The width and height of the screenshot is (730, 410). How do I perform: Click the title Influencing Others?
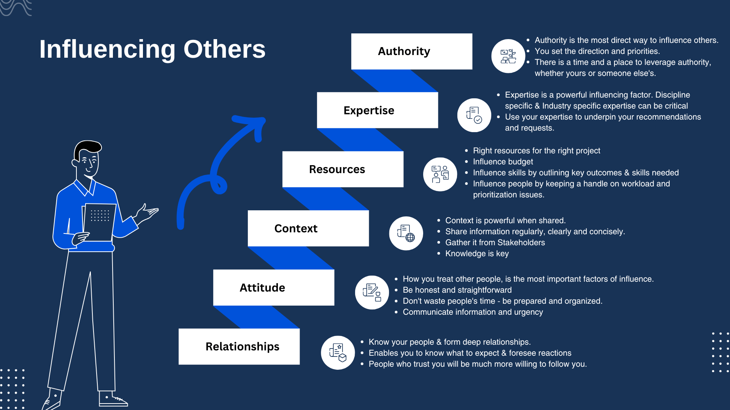pyautogui.click(x=152, y=49)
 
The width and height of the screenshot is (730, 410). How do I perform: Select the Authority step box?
pyautogui.click(x=412, y=51)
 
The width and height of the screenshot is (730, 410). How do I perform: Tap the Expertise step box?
pyautogui.click(x=378, y=110)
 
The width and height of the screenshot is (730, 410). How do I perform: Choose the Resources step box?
pyautogui.click(x=343, y=169)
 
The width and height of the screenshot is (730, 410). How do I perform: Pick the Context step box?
pyautogui.click(x=308, y=228)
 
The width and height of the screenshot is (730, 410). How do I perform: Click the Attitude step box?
pyautogui.click(x=274, y=287)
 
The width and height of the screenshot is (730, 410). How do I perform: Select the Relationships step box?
pyautogui.click(x=239, y=347)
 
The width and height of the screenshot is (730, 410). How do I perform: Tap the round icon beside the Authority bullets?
pyautogui.click(x=508, y=56)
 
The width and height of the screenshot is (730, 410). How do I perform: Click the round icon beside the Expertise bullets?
pyautogui.click(x=474, y=115)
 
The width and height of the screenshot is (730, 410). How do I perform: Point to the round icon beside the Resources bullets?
pyautogui.click(x=440, y=174)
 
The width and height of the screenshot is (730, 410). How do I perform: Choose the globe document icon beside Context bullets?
pyautogui.click(x=406, y=233)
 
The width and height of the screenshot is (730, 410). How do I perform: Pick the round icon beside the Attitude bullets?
pyautogui.click(x=372, y=292)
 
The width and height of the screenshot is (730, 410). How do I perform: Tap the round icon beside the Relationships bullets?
pyautogui.click(x=338, y=353)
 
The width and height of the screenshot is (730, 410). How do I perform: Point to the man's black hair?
pyautogui.click(x=87, y=149)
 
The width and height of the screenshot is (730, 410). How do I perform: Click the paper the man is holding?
pyautogui.click(x=99, y=222)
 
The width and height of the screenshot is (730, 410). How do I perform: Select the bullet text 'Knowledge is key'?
pyautogui.click(x=477, y=254)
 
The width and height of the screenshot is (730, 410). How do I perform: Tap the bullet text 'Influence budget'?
pyautogui.click(x=503, y=162)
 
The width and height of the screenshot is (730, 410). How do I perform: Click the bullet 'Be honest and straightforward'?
pyautogui.click(x=457, y=290)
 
